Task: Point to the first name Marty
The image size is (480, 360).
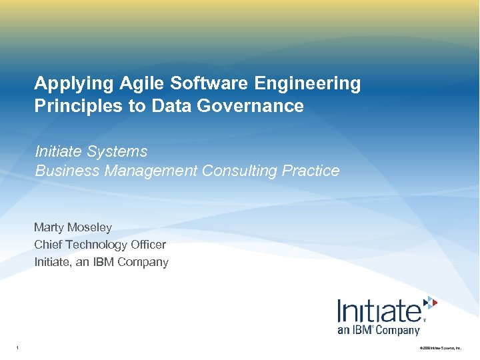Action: coord(49,228)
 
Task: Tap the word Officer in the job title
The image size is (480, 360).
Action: coord(148,245)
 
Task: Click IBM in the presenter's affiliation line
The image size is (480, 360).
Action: coord(103,262)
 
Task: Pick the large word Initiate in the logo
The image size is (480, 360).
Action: coord(378,311)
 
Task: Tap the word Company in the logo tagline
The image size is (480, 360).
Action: coord(398,330)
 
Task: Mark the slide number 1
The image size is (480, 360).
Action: coord(17,347)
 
